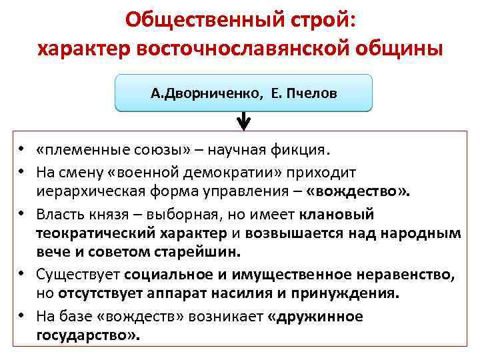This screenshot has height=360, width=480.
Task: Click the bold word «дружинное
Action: tap(315, 315)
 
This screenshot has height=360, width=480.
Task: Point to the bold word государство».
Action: tap(88, 335)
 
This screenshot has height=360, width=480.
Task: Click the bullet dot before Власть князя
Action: tap(22, 215)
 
